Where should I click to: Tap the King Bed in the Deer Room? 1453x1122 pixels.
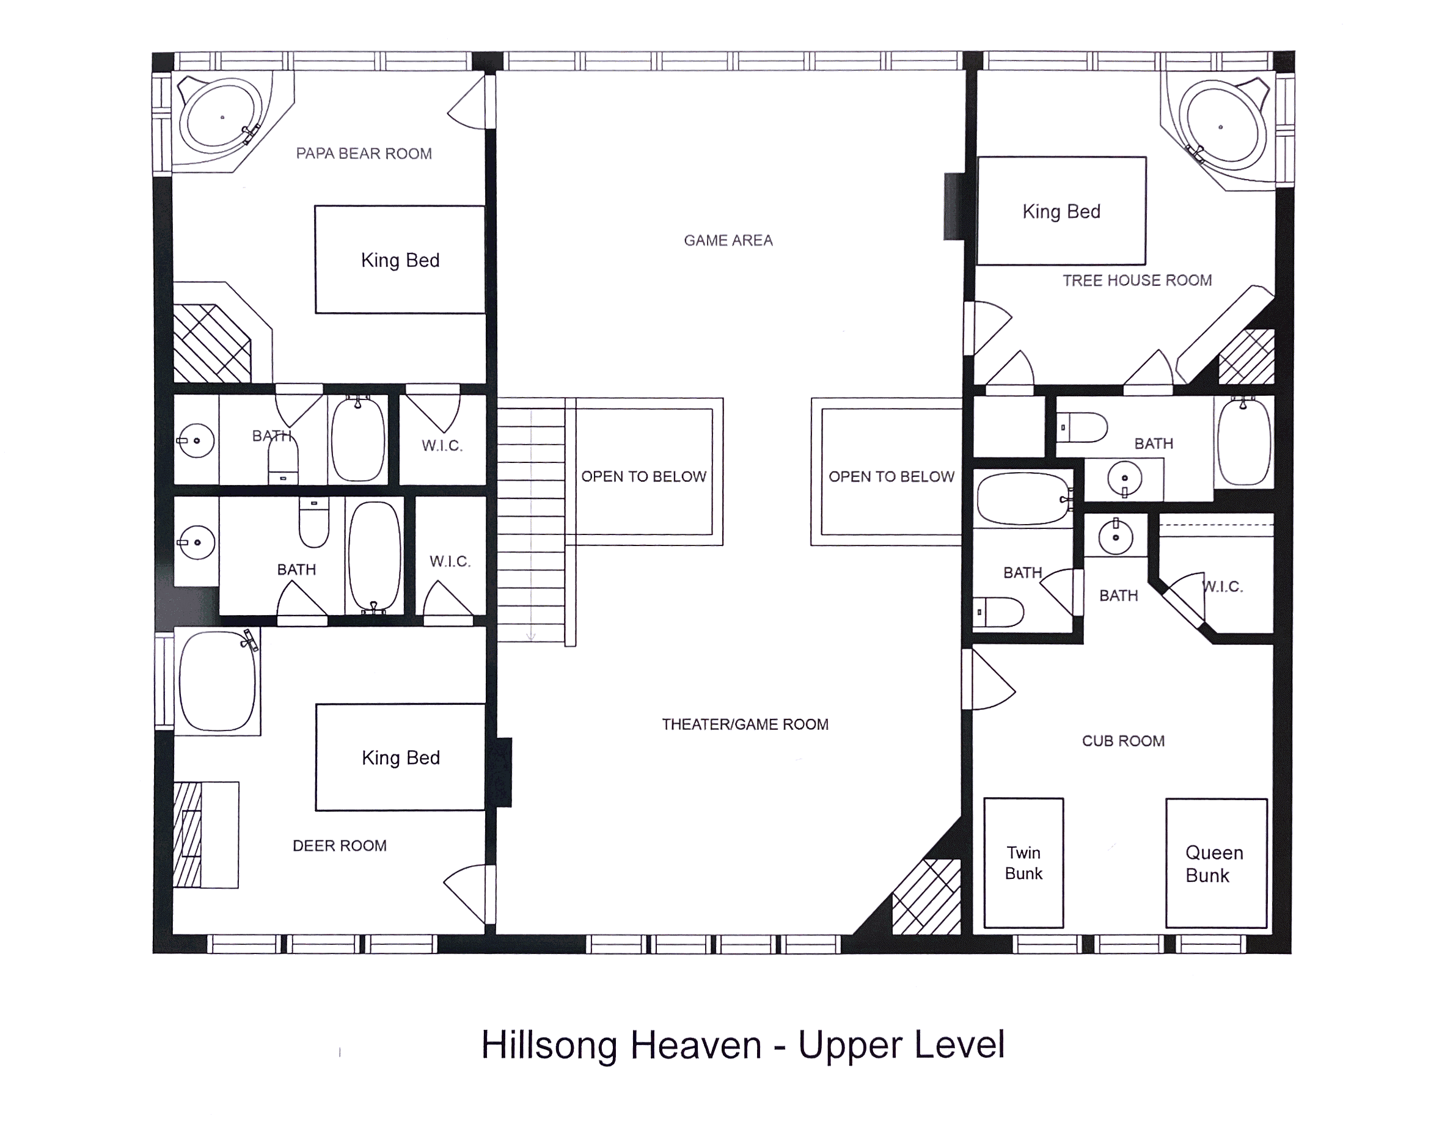400,757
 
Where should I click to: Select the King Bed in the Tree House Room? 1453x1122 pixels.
1061,211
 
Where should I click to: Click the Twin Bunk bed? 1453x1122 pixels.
1023,862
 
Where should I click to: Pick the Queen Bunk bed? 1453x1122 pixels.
1215,863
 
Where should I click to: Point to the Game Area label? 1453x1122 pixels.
728,240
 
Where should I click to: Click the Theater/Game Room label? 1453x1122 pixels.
744,724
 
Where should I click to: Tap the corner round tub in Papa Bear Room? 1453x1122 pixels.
221,117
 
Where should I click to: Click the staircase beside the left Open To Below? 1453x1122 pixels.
531,519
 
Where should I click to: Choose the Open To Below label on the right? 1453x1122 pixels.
891,476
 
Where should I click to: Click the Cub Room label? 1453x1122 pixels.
1123,741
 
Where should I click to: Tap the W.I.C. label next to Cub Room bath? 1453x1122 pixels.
1223,586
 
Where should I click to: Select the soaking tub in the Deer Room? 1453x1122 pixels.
218,682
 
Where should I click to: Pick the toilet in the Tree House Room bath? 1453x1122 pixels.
1083,427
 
